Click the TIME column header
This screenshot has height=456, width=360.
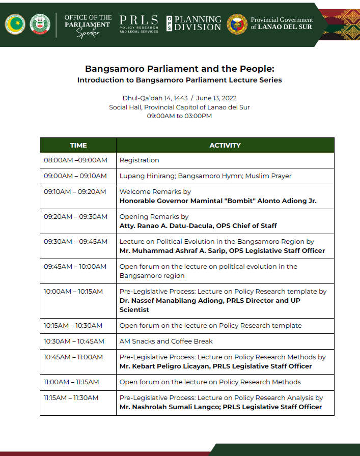coord(78,145)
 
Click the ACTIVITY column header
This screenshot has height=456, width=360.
coord(225,145)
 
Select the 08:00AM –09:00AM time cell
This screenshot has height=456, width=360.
coord(75,160)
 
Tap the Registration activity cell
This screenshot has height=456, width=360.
coord(140,160)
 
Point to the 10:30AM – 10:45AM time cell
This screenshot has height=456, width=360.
coord(74,341)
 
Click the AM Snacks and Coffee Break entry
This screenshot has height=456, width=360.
coord(166,341)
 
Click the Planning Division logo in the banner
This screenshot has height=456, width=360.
coord(194,23)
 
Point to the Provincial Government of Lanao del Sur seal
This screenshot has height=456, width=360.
coord(236,24)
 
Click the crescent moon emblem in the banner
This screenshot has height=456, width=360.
coord(15,24)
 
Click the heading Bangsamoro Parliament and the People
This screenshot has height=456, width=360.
coord(180,69)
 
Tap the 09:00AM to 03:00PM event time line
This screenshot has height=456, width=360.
coord(179,116)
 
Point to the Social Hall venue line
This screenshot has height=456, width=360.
coord(179,107)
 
